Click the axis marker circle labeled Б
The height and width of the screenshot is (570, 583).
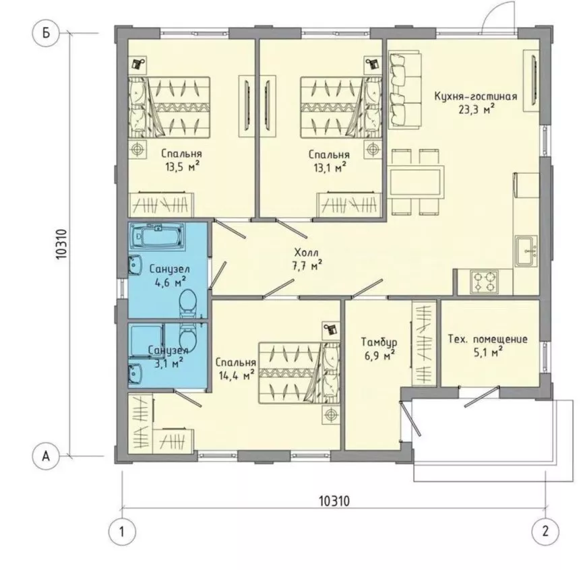point(46,33)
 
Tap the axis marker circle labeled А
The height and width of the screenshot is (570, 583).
point(46,455)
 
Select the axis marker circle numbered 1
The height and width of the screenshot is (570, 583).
point(122,532)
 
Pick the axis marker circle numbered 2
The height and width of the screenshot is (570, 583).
point(545,532)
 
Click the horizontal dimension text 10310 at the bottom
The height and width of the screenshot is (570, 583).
point(334,501)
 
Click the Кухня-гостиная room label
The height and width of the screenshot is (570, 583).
point(476,96)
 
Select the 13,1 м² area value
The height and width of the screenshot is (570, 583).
point(330,167)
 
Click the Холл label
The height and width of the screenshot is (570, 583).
point(307,253)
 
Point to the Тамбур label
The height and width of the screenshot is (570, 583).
point(379,342)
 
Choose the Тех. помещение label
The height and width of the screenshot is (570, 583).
point(488,339)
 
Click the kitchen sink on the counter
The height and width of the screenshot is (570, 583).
point(526,251)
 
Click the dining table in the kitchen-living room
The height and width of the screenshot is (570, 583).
point(416,182)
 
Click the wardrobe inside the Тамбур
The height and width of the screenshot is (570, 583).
point(424,344)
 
